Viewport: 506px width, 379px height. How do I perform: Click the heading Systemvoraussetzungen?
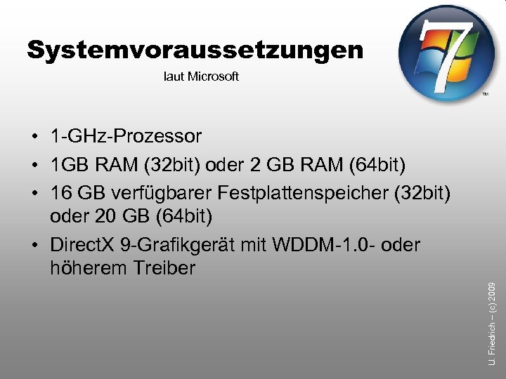(x=195, y=51)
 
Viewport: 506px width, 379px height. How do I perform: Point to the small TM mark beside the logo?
(x=485, y=93)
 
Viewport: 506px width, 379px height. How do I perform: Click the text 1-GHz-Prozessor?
(x=126, y=135)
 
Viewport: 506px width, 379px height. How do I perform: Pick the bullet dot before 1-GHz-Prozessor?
(x=34, y=136)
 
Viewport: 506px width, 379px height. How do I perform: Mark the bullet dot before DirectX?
(x=34, y=246)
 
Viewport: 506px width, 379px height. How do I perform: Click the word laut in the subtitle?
(x=174, y=77)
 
